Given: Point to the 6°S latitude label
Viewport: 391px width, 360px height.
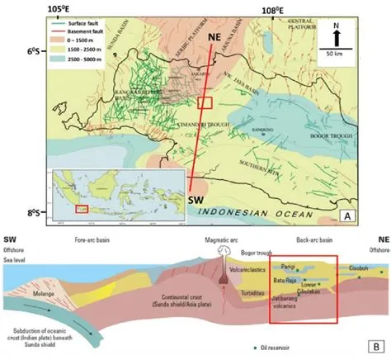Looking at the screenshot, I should pos(34,51).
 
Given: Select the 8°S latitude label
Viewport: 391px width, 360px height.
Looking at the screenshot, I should pos(34,212).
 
